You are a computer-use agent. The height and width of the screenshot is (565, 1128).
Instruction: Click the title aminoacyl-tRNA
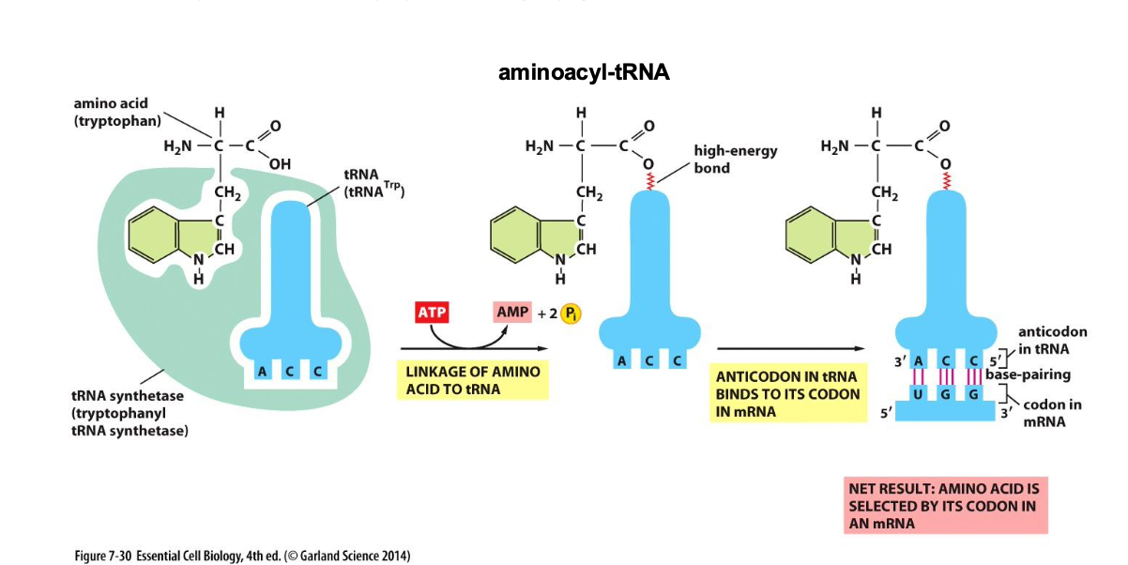pyautogui.click(x=583, y=72)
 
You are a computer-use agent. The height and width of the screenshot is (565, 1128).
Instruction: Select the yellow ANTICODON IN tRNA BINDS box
pyautogui.click(x=787, y=393)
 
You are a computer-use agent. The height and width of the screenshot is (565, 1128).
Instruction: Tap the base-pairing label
pyautogui.click(x=1028, y=374)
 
